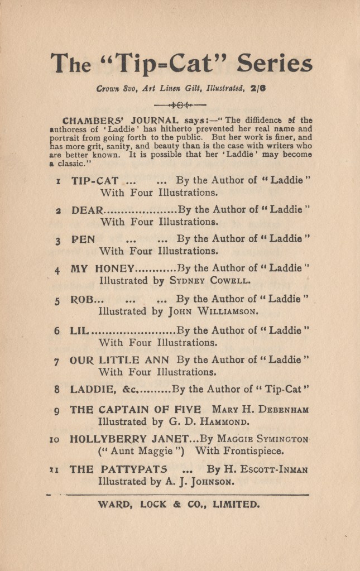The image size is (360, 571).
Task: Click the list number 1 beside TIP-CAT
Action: [58, 181]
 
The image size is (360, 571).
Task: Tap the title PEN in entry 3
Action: [83, 239]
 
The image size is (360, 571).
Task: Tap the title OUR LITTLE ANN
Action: [120, 359]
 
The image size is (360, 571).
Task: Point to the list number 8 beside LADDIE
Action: [57, 390]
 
